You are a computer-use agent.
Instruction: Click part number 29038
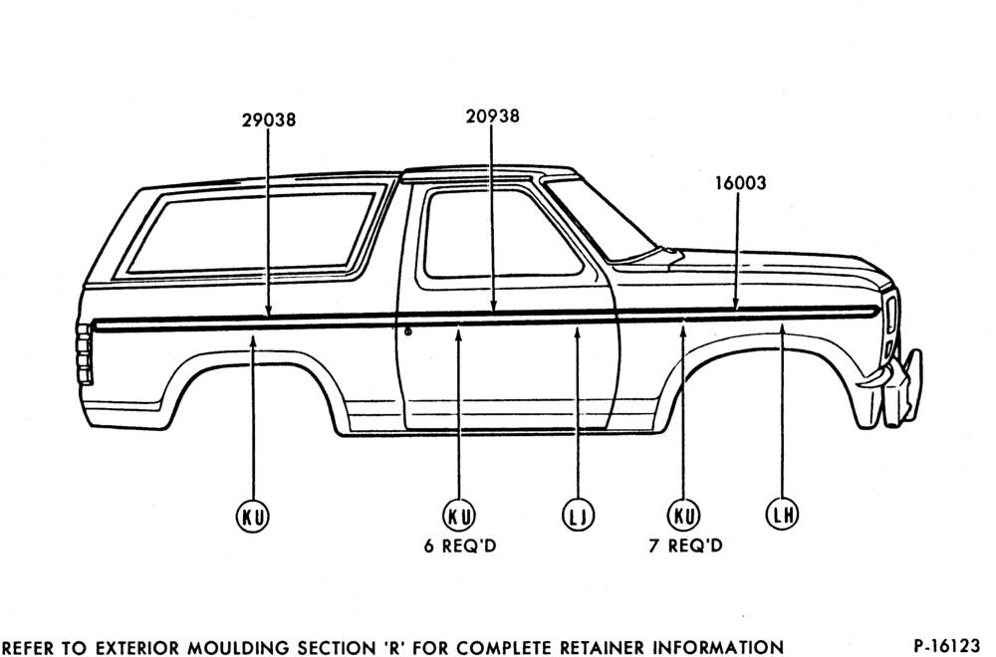(x=269, y=119)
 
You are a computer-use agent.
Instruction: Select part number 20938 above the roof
(x=492, y=116)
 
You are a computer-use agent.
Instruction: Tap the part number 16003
(x=741, y=183)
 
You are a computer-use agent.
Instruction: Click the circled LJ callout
(x=578, y=515)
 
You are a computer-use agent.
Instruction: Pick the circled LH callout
(x=781, y=515)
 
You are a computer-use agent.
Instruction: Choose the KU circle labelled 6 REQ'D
(x=458, y=515)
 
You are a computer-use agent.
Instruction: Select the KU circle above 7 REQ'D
(x=683, y=515)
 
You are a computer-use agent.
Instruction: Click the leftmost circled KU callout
(x=253, y=516)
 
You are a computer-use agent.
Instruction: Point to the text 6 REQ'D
(x=460, y=546)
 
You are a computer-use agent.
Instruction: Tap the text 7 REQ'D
(x=685, y=546)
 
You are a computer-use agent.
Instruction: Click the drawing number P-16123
(x=946, y=646)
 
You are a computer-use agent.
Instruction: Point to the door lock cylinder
(x=407, y=331)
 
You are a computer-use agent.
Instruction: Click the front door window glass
(x=502, y=234)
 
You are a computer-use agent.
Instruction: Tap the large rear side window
(x=253, y=232)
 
